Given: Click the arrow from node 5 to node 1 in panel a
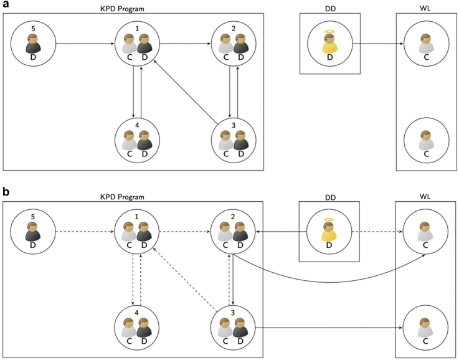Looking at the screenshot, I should coord(85,44).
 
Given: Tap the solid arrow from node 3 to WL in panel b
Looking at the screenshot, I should coord(330,328).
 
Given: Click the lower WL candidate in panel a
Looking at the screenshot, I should coord(426,140).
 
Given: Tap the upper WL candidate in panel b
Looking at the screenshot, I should coord(426,231).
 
